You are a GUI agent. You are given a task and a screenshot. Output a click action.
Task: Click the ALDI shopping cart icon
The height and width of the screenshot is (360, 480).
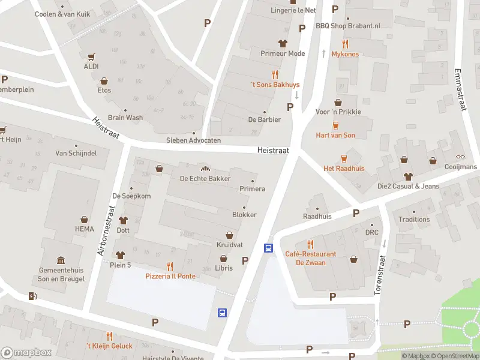pyautogui.click(x=92, y=57)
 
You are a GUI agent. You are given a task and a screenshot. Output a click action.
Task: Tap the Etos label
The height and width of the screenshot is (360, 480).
pyautogui.click(x=104, y=91)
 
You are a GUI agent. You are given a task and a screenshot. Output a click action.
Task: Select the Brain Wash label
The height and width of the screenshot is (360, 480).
pyautogui.click(x=125, y=118)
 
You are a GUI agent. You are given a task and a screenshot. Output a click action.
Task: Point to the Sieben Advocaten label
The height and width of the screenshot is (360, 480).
pyautogui.click(x=193, y=140)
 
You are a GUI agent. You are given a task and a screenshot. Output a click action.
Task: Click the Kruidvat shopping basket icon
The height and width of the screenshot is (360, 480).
pyautogui.click(x=229, y=235)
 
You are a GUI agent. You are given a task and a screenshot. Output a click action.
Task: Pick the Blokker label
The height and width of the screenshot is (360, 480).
pyautogui.click(x=244, y=215)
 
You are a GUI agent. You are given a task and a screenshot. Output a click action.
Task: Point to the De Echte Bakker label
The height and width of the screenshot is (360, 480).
pyautogui.click(x=205, y=179)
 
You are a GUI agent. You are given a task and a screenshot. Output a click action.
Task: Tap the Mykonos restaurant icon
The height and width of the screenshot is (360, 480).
pyautogui.click(x=345, y=44)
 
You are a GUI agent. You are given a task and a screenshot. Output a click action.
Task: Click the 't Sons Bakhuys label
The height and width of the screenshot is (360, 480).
pyautogui.click(x=275, y=85)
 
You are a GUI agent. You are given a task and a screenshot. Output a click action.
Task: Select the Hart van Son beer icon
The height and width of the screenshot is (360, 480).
pyautogui.click(x=335, y=125)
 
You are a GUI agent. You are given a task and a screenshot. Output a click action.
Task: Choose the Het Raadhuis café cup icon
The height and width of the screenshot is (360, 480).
pyautogui.click(x=344, y=158)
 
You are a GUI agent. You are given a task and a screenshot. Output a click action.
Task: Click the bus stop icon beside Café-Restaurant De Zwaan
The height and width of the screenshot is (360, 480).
pyautogui.click(x=268, y=248)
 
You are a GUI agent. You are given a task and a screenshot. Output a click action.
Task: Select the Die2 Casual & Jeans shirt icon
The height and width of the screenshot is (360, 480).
pyautogui.click(x=408, y=176)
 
